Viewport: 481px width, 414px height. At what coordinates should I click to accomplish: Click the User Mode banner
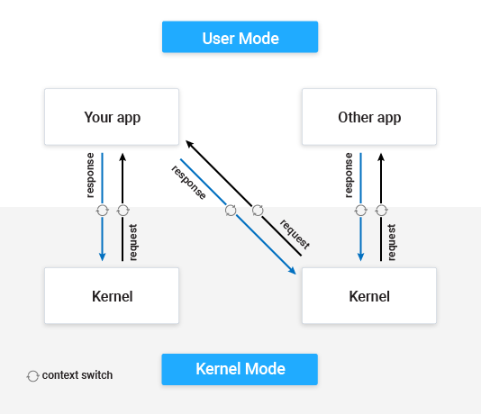(240, 37)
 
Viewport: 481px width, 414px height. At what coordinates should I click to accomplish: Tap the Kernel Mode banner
(240, 369)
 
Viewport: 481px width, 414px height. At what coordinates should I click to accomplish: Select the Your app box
(112, 117)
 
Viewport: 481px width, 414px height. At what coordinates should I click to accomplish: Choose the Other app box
(369, 117)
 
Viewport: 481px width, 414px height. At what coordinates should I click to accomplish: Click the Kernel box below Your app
(112, 296)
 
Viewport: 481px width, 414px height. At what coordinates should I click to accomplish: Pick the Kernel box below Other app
(369, 296)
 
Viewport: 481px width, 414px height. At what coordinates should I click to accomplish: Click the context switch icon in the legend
(32, 376)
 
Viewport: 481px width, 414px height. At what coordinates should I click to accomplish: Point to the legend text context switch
(77, 375)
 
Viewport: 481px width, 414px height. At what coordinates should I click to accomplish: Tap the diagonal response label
(188, 183)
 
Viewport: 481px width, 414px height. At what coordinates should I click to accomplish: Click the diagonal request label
(295, 234)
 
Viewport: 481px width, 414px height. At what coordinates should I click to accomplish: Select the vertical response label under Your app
(90, 175)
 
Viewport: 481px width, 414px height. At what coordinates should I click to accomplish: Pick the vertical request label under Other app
(392, 242)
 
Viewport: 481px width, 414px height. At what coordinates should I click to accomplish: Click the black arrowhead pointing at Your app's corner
(189, 144)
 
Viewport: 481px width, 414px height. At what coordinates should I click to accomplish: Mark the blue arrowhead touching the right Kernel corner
(293, 271)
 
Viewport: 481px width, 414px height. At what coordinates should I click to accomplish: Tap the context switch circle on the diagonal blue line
(231, 211)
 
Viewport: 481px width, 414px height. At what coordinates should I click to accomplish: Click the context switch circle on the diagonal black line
(258, 211)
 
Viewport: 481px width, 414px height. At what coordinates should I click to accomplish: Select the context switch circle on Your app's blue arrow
(102, 211)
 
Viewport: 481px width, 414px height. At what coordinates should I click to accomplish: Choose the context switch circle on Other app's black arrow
(381, 211)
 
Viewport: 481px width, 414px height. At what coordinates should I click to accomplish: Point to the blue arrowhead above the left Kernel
(102, 256)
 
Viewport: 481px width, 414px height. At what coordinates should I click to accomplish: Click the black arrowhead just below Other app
(381, 157)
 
